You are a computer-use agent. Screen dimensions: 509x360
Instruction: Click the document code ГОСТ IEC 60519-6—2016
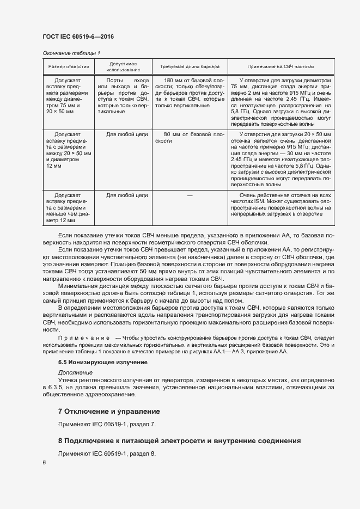pos(78,37)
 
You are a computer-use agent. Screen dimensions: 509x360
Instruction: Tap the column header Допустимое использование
pos(123,66)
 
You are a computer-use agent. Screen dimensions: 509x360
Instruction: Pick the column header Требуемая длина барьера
pos(190,66)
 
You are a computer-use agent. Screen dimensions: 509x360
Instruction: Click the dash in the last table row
pos(190,194)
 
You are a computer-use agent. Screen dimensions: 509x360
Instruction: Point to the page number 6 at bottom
pos(44,462)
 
